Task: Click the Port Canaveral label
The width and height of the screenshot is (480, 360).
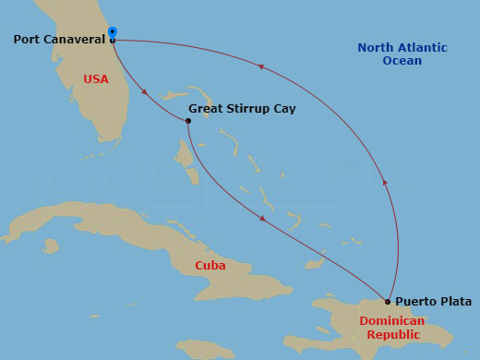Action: pos(59,40)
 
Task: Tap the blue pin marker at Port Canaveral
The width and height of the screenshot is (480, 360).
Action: pos(113,33)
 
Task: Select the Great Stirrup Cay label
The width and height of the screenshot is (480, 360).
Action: pos(242,108)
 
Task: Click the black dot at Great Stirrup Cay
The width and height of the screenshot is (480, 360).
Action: pos(188,121)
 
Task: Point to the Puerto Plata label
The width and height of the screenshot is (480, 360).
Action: pos(433,302)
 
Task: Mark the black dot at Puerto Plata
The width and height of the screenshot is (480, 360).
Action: pos(388,301)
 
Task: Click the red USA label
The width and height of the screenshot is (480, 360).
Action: pos(96,79)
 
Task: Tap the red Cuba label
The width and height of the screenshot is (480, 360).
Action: pos(210,266)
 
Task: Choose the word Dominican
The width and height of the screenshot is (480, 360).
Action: pos(392,321)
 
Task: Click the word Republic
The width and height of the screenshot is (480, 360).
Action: pos(392,334)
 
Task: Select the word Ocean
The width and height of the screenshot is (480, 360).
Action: pos(402,61)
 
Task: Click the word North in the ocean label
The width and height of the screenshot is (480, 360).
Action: pos(376,48)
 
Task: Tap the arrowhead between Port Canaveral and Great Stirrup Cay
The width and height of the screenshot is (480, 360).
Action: pos(144,91)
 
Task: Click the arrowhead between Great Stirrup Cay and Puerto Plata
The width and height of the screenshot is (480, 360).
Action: pos(263,219)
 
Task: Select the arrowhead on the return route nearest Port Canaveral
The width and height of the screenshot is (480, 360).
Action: pos(261,66)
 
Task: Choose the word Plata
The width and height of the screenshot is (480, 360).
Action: pos(455,302)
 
